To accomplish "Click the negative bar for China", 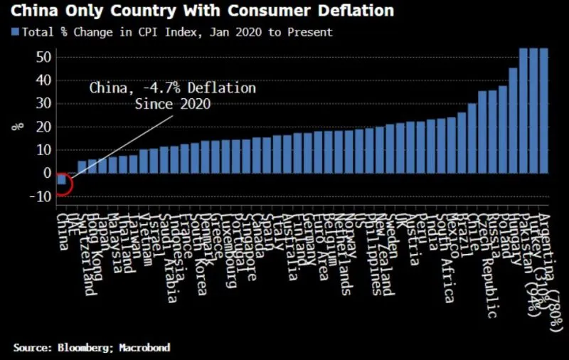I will (x=62, y=179).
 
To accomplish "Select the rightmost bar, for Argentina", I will (x=543, y=110).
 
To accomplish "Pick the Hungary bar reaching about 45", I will (x=513, y=120).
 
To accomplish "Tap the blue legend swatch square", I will (x=15, y=32).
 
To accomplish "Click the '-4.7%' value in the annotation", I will (x=154, y=88).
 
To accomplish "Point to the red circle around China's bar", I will (x=62, y=183).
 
